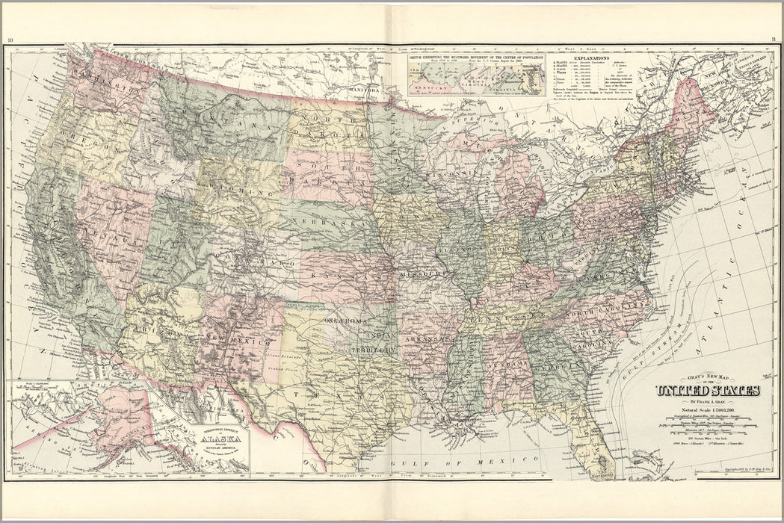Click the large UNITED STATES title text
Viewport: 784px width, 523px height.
click(x=707, y=391)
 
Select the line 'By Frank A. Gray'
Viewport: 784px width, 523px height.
click(x=707, y=402)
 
